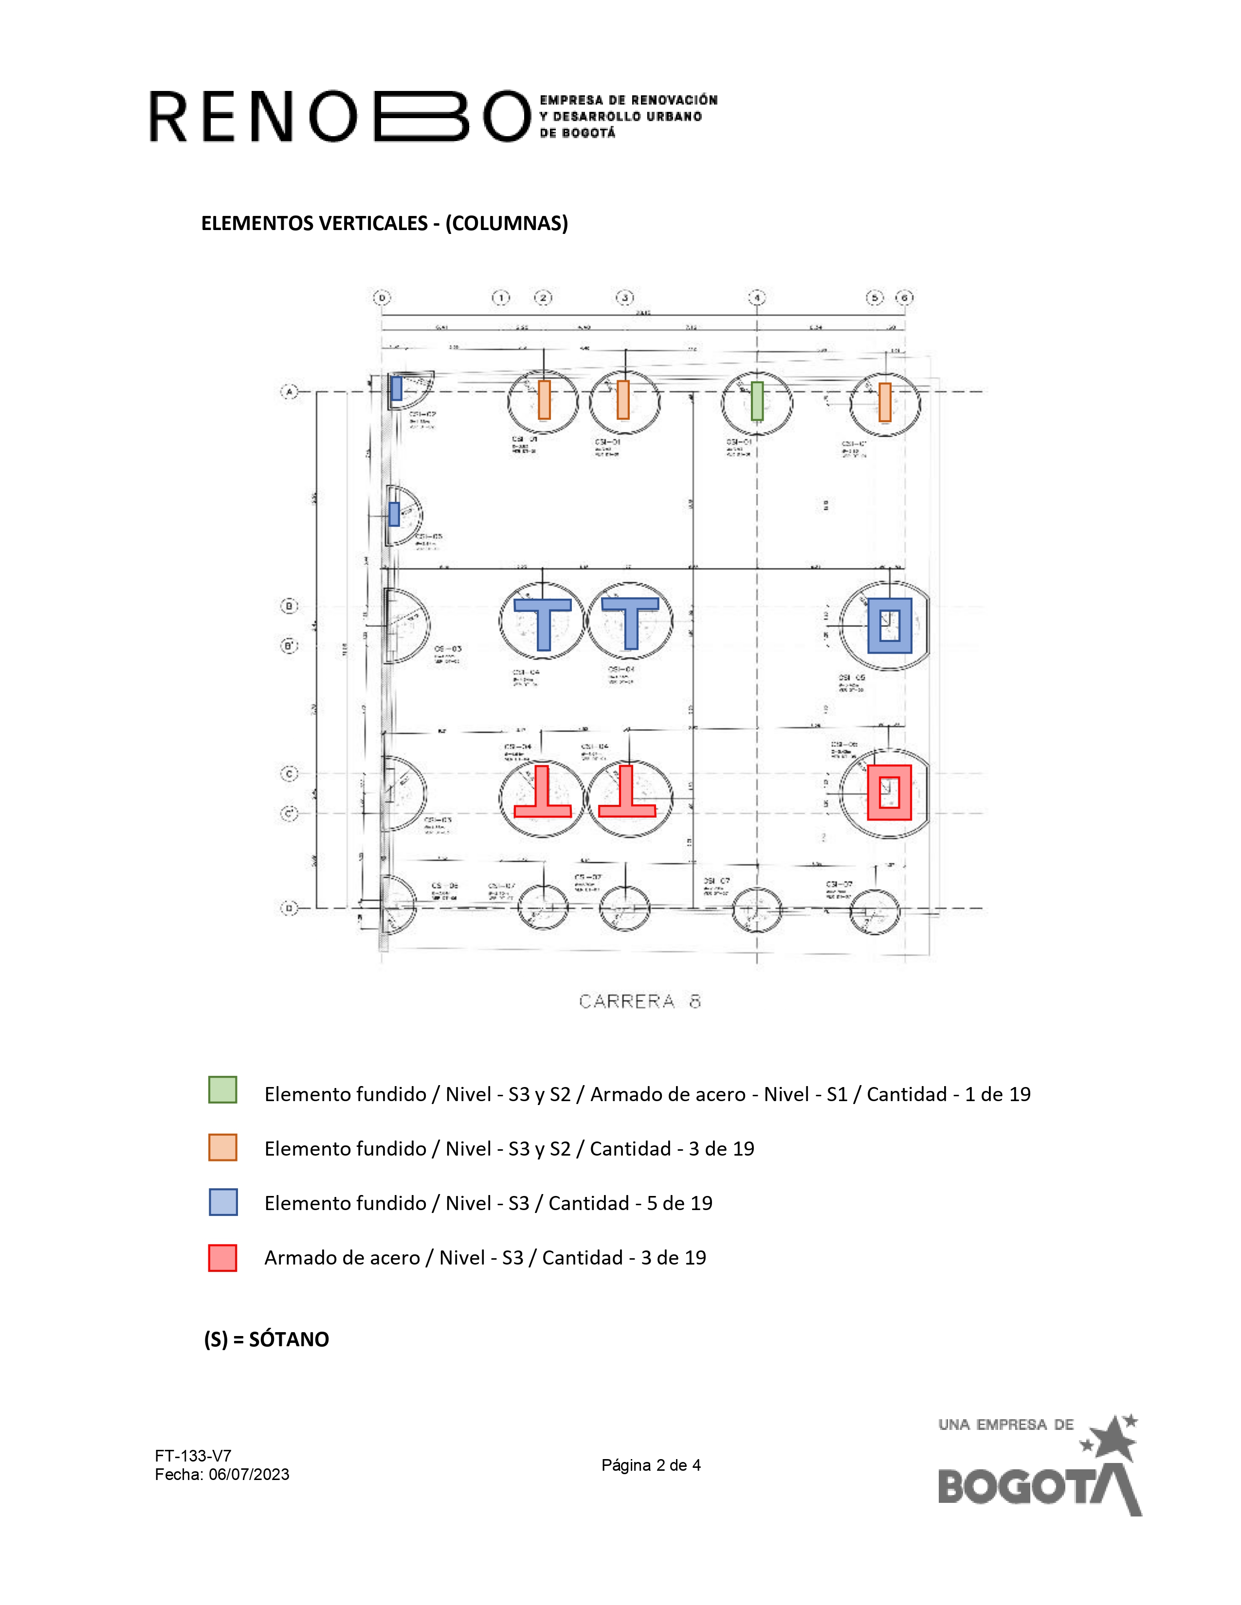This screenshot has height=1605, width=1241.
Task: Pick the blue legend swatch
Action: [223, 1202]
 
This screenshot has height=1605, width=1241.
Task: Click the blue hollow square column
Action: [890, 626]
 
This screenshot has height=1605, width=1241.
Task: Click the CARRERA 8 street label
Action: [639, 1001]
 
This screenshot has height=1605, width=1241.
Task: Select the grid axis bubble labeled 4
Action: [756, 298]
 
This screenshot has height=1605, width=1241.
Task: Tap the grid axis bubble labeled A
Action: [289, 392]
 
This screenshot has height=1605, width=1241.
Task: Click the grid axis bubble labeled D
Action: [289, 909]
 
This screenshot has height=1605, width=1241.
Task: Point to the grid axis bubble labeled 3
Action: [624, 298]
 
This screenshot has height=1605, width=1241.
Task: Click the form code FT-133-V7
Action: [193, 1456]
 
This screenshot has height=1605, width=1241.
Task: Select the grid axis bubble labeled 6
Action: [904, 298]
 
